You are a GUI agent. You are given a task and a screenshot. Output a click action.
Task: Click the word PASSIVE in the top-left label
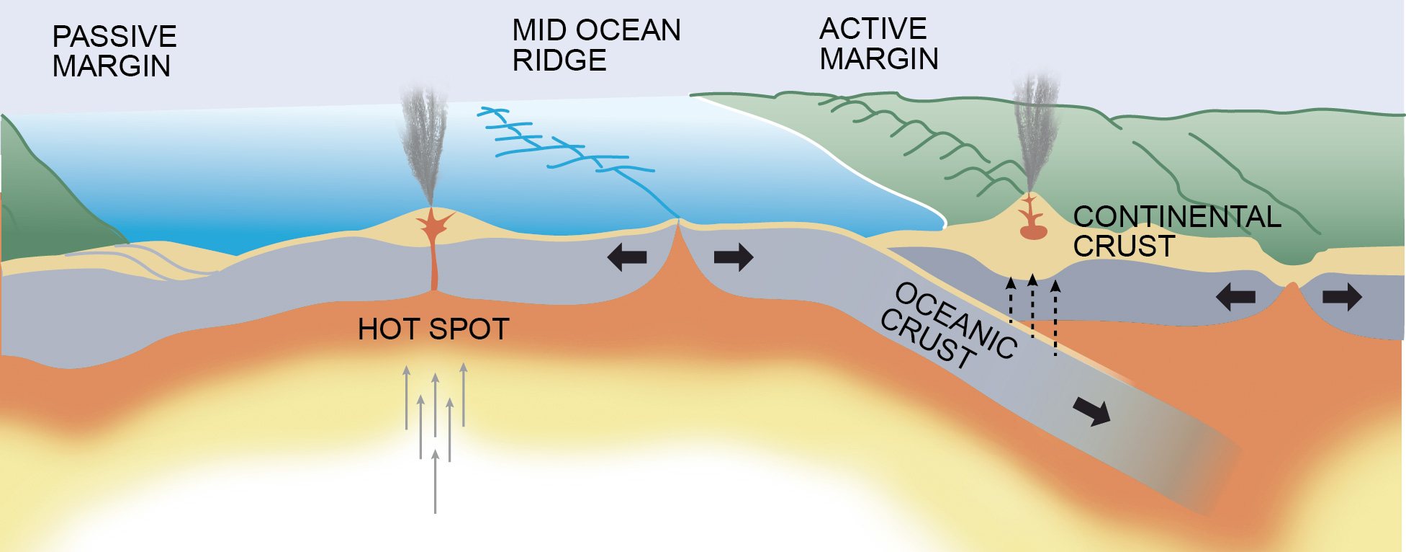click(114, 37)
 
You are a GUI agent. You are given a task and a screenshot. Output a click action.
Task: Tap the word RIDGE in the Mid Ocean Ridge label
click(559, 61)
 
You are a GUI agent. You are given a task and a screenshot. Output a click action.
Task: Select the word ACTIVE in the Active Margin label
click(873, 29)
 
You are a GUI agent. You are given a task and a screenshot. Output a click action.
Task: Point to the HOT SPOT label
click(433, 329)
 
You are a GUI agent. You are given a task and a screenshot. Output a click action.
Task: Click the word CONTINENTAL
click(1177, 217)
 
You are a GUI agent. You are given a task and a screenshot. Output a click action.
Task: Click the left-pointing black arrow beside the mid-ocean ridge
click(626, 257)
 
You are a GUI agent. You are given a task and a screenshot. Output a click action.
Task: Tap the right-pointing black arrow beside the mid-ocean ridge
click(734, 257)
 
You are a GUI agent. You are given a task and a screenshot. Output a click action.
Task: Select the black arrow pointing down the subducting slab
click(1092, 411)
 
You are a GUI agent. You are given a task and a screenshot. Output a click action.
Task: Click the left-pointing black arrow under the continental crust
click(1235, 296)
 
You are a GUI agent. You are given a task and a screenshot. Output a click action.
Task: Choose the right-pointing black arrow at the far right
click(1342, 296)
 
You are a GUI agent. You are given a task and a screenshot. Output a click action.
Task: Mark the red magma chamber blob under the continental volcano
click(1033, 232)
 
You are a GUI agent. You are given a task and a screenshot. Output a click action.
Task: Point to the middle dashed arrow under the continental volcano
click(1032, 306)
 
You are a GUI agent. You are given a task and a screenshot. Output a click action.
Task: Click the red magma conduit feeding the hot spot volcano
click(434, 259)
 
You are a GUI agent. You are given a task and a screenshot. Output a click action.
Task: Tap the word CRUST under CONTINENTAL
click(1124, 246)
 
